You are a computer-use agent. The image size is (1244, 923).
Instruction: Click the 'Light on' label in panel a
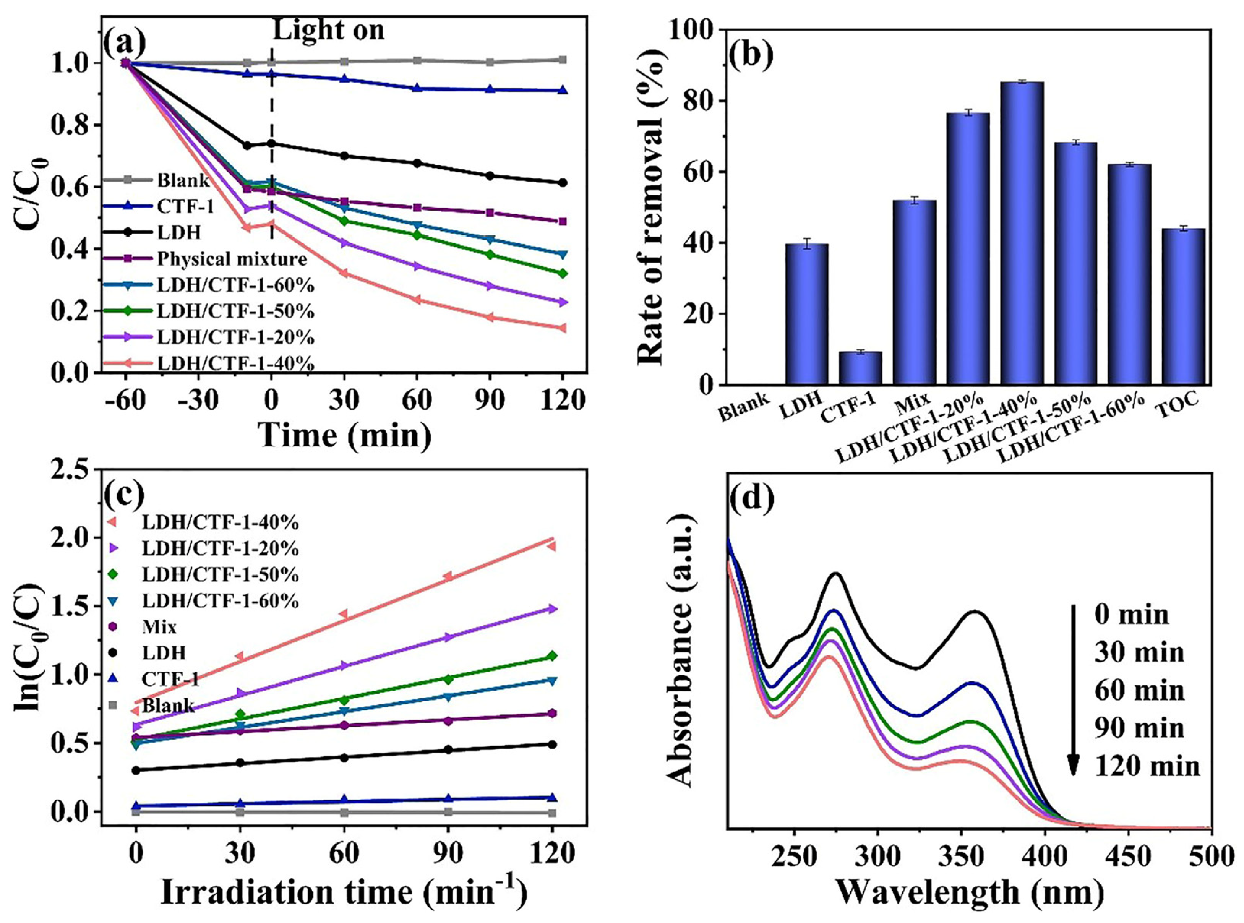(x=328, y=29)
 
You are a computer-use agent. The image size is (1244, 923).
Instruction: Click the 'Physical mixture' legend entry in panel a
(x=232, y=259)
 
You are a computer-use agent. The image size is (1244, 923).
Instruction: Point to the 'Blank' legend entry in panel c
(x=167, y=706)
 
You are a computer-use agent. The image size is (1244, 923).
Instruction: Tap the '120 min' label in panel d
(x=1147, y=766)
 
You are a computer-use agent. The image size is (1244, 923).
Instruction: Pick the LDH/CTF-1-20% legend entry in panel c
(x=220, y=549)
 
